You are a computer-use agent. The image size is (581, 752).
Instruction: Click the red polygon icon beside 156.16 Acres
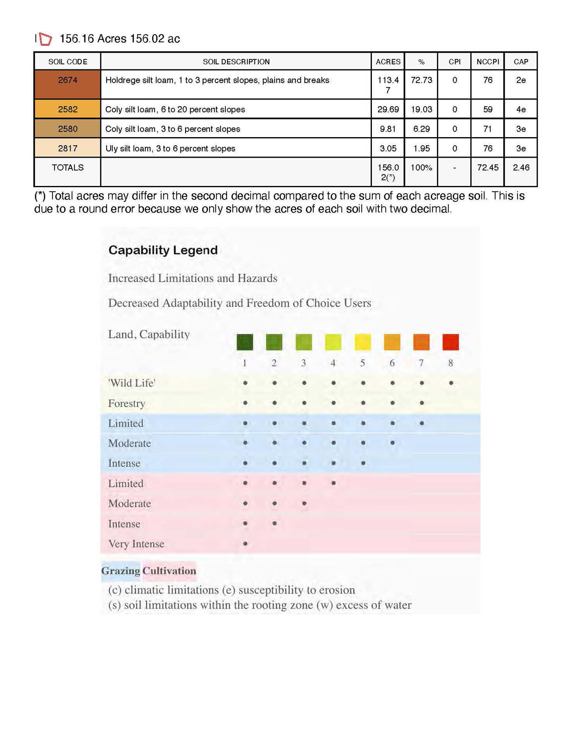45,39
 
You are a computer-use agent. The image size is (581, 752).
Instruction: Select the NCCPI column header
487,62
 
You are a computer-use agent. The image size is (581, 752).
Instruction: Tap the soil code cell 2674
67,80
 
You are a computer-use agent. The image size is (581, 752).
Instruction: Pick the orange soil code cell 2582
67,109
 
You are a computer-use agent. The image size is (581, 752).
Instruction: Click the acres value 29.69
388,109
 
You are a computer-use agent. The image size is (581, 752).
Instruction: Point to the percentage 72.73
421,80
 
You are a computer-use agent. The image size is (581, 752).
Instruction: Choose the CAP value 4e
521,109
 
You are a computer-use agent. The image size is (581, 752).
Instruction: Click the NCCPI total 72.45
487,167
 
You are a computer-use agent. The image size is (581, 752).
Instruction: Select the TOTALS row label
67,167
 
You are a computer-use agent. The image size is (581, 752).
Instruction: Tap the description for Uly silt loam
170,148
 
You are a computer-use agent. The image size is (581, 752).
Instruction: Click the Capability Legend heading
163,250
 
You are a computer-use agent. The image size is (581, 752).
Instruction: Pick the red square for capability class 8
450,342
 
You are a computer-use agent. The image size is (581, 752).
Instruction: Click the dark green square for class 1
245,342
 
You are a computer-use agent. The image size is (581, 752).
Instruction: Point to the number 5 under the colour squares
363,363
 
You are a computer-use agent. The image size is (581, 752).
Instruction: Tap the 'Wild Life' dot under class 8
451,383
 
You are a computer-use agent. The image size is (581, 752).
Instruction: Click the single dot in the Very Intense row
245,544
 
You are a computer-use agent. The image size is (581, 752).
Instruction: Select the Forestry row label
127,403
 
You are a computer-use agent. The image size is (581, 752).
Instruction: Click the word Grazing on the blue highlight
120,571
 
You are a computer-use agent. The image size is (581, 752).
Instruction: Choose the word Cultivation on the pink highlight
169,571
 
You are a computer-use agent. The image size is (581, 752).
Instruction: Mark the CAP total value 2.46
521,167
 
